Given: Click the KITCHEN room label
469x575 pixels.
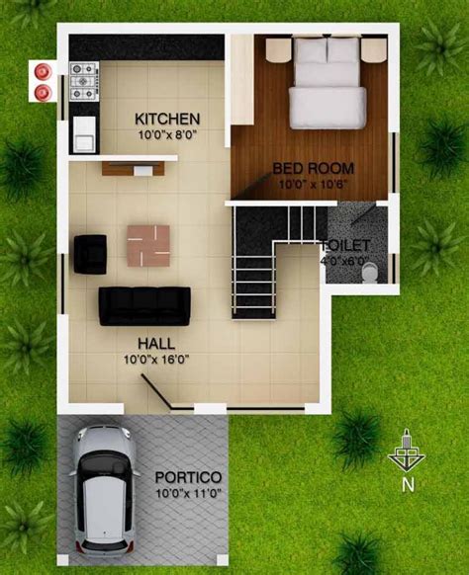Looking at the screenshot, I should tap(167, 119).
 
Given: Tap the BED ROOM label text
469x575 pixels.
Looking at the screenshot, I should tap(313, 168).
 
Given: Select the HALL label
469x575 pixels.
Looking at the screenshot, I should tap(156, 343).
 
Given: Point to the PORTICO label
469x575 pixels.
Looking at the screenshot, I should tap(188, 475).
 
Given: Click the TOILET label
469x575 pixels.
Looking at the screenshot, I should tap(345, 245).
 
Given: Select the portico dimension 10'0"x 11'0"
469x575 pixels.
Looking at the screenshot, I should tap(188, 491).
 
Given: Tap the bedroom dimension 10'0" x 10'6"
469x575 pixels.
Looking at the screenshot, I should tap(313, 183).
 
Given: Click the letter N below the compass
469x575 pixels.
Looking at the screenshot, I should tap(407, 484).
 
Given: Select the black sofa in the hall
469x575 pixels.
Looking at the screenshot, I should tap(144, 304).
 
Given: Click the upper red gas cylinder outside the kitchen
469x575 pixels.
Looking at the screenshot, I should tap(43, 70).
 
